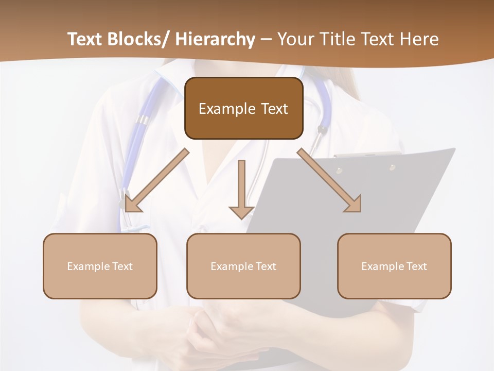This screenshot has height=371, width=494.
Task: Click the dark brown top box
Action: coord(243,108)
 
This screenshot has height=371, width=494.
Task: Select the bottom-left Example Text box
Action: coord(100,266)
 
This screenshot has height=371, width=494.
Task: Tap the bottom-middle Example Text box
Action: coord(243,266)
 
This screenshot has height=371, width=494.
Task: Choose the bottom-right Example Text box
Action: coord(394,266)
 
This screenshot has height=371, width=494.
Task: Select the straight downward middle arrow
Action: coord(241,191)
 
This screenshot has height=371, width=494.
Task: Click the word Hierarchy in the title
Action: coord(215,39)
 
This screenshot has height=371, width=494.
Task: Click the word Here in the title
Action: coord(419,39)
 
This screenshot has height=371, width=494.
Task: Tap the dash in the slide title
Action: coord(266,39)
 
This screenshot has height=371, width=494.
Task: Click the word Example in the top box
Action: coord(227,109)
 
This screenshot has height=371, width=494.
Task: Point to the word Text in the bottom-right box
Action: coord(417,266)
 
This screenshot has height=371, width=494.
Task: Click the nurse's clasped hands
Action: coord(216,335)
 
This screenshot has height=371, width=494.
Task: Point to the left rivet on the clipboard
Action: coord(339,171)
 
